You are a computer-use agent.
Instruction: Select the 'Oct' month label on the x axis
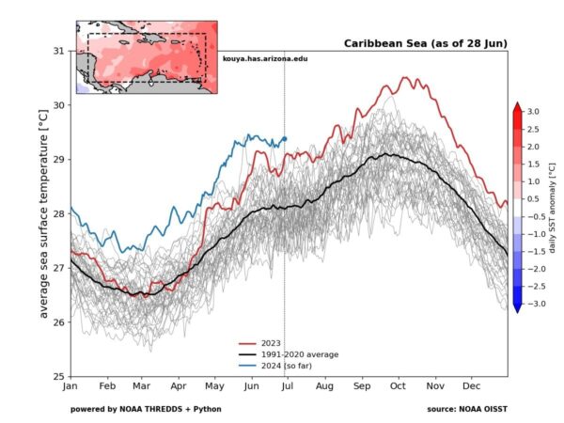(399, 386)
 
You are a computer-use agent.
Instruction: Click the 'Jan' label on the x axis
(70, 386)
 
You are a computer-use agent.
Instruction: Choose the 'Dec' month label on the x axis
(472, 386)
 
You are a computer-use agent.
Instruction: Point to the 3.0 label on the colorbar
(531, 112)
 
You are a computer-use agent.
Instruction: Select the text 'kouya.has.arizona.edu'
(266, 59)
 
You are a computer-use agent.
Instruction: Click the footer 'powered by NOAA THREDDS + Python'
(146, 409)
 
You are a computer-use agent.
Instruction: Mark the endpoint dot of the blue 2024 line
(285, 139)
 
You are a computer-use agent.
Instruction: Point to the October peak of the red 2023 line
(406, 78)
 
